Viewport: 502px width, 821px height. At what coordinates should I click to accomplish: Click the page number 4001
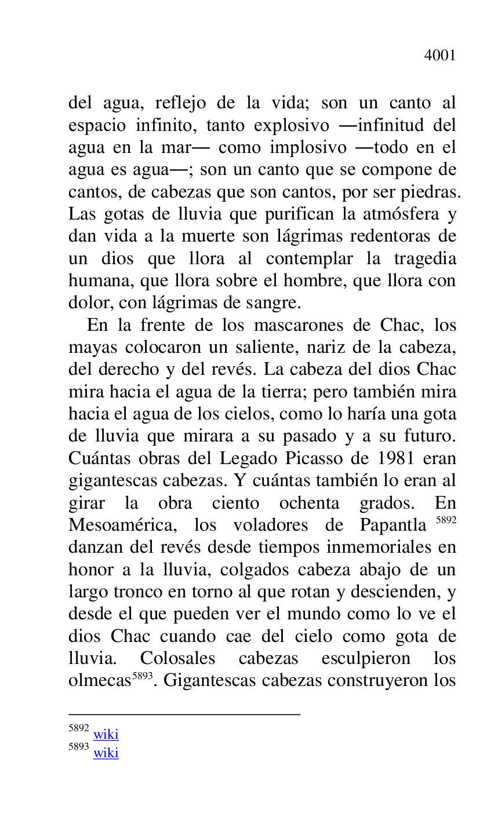[x=439, y=56]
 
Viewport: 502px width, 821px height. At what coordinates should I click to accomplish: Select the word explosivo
[x=292, y=126]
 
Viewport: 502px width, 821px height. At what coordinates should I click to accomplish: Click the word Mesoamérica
[x=123, y=526]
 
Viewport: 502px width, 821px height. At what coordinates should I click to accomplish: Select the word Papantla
[x=392, y=526]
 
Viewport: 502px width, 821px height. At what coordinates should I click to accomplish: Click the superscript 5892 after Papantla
[x=446, y=520]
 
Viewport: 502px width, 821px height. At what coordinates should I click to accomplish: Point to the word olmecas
[x=100, y=681]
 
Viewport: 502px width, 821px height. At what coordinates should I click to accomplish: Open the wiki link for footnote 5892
[x=106, y=735]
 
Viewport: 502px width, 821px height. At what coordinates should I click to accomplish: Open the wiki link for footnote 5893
[x=106, y=753]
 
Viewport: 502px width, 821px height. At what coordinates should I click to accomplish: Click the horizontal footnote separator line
[x=184, y=714]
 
